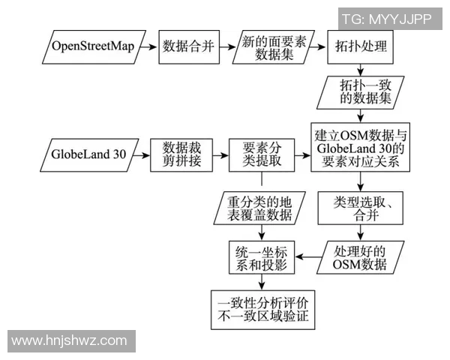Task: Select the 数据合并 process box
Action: (187, 46)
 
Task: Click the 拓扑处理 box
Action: (361, 46)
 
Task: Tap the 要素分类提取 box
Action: (261, 156)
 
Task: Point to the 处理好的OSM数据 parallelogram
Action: (361, 257)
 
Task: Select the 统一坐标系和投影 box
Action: (262, 257)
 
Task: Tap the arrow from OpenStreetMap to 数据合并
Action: (147, 46)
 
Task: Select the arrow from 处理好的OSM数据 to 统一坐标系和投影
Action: (309, 257)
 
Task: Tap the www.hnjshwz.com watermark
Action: (69, 340)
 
